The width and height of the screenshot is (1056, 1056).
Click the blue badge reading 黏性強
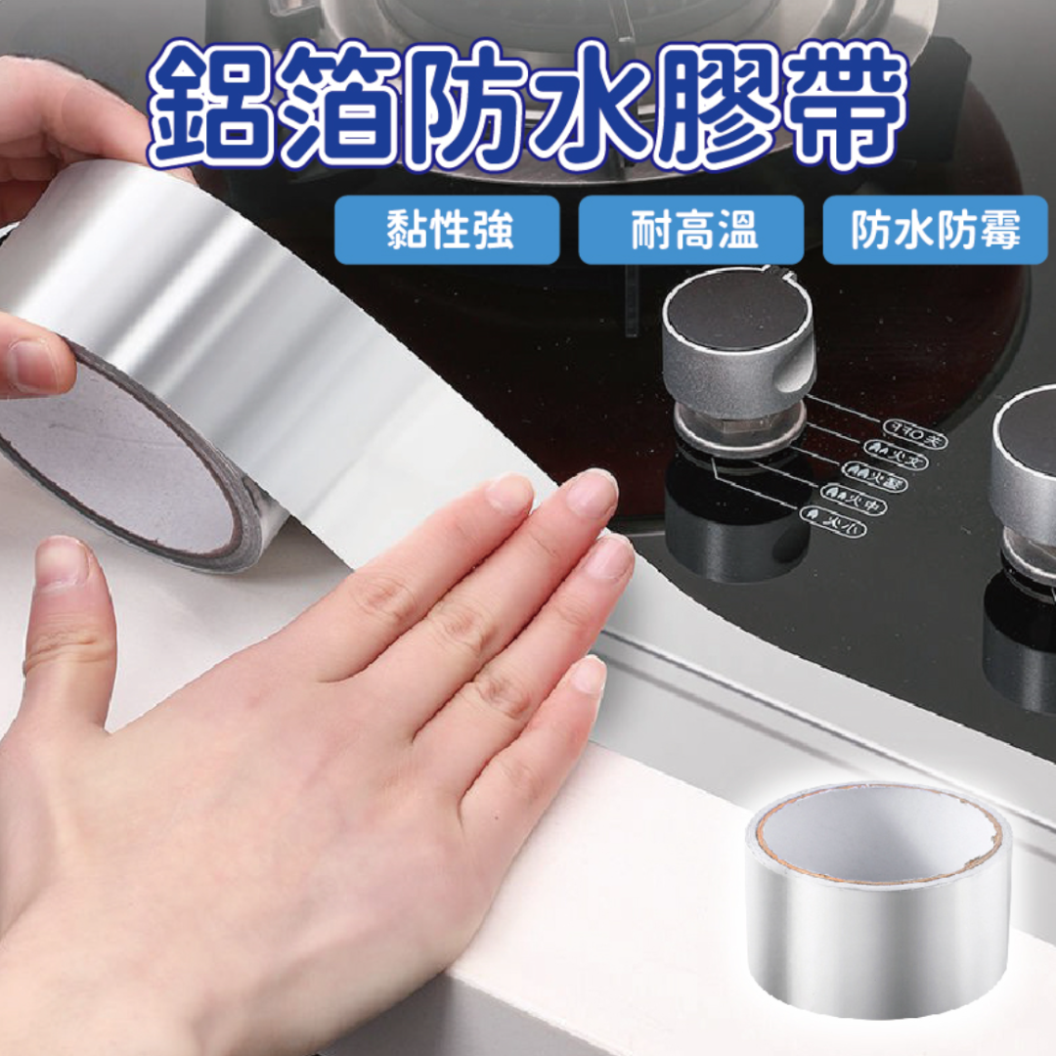(447, 231)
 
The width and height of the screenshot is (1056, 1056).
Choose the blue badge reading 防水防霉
(935, 231)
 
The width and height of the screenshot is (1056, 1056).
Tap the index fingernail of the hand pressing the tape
(509, 494)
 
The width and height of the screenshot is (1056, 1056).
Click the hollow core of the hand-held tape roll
(117, 460)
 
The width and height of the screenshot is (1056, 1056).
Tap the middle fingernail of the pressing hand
(593, 494)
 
